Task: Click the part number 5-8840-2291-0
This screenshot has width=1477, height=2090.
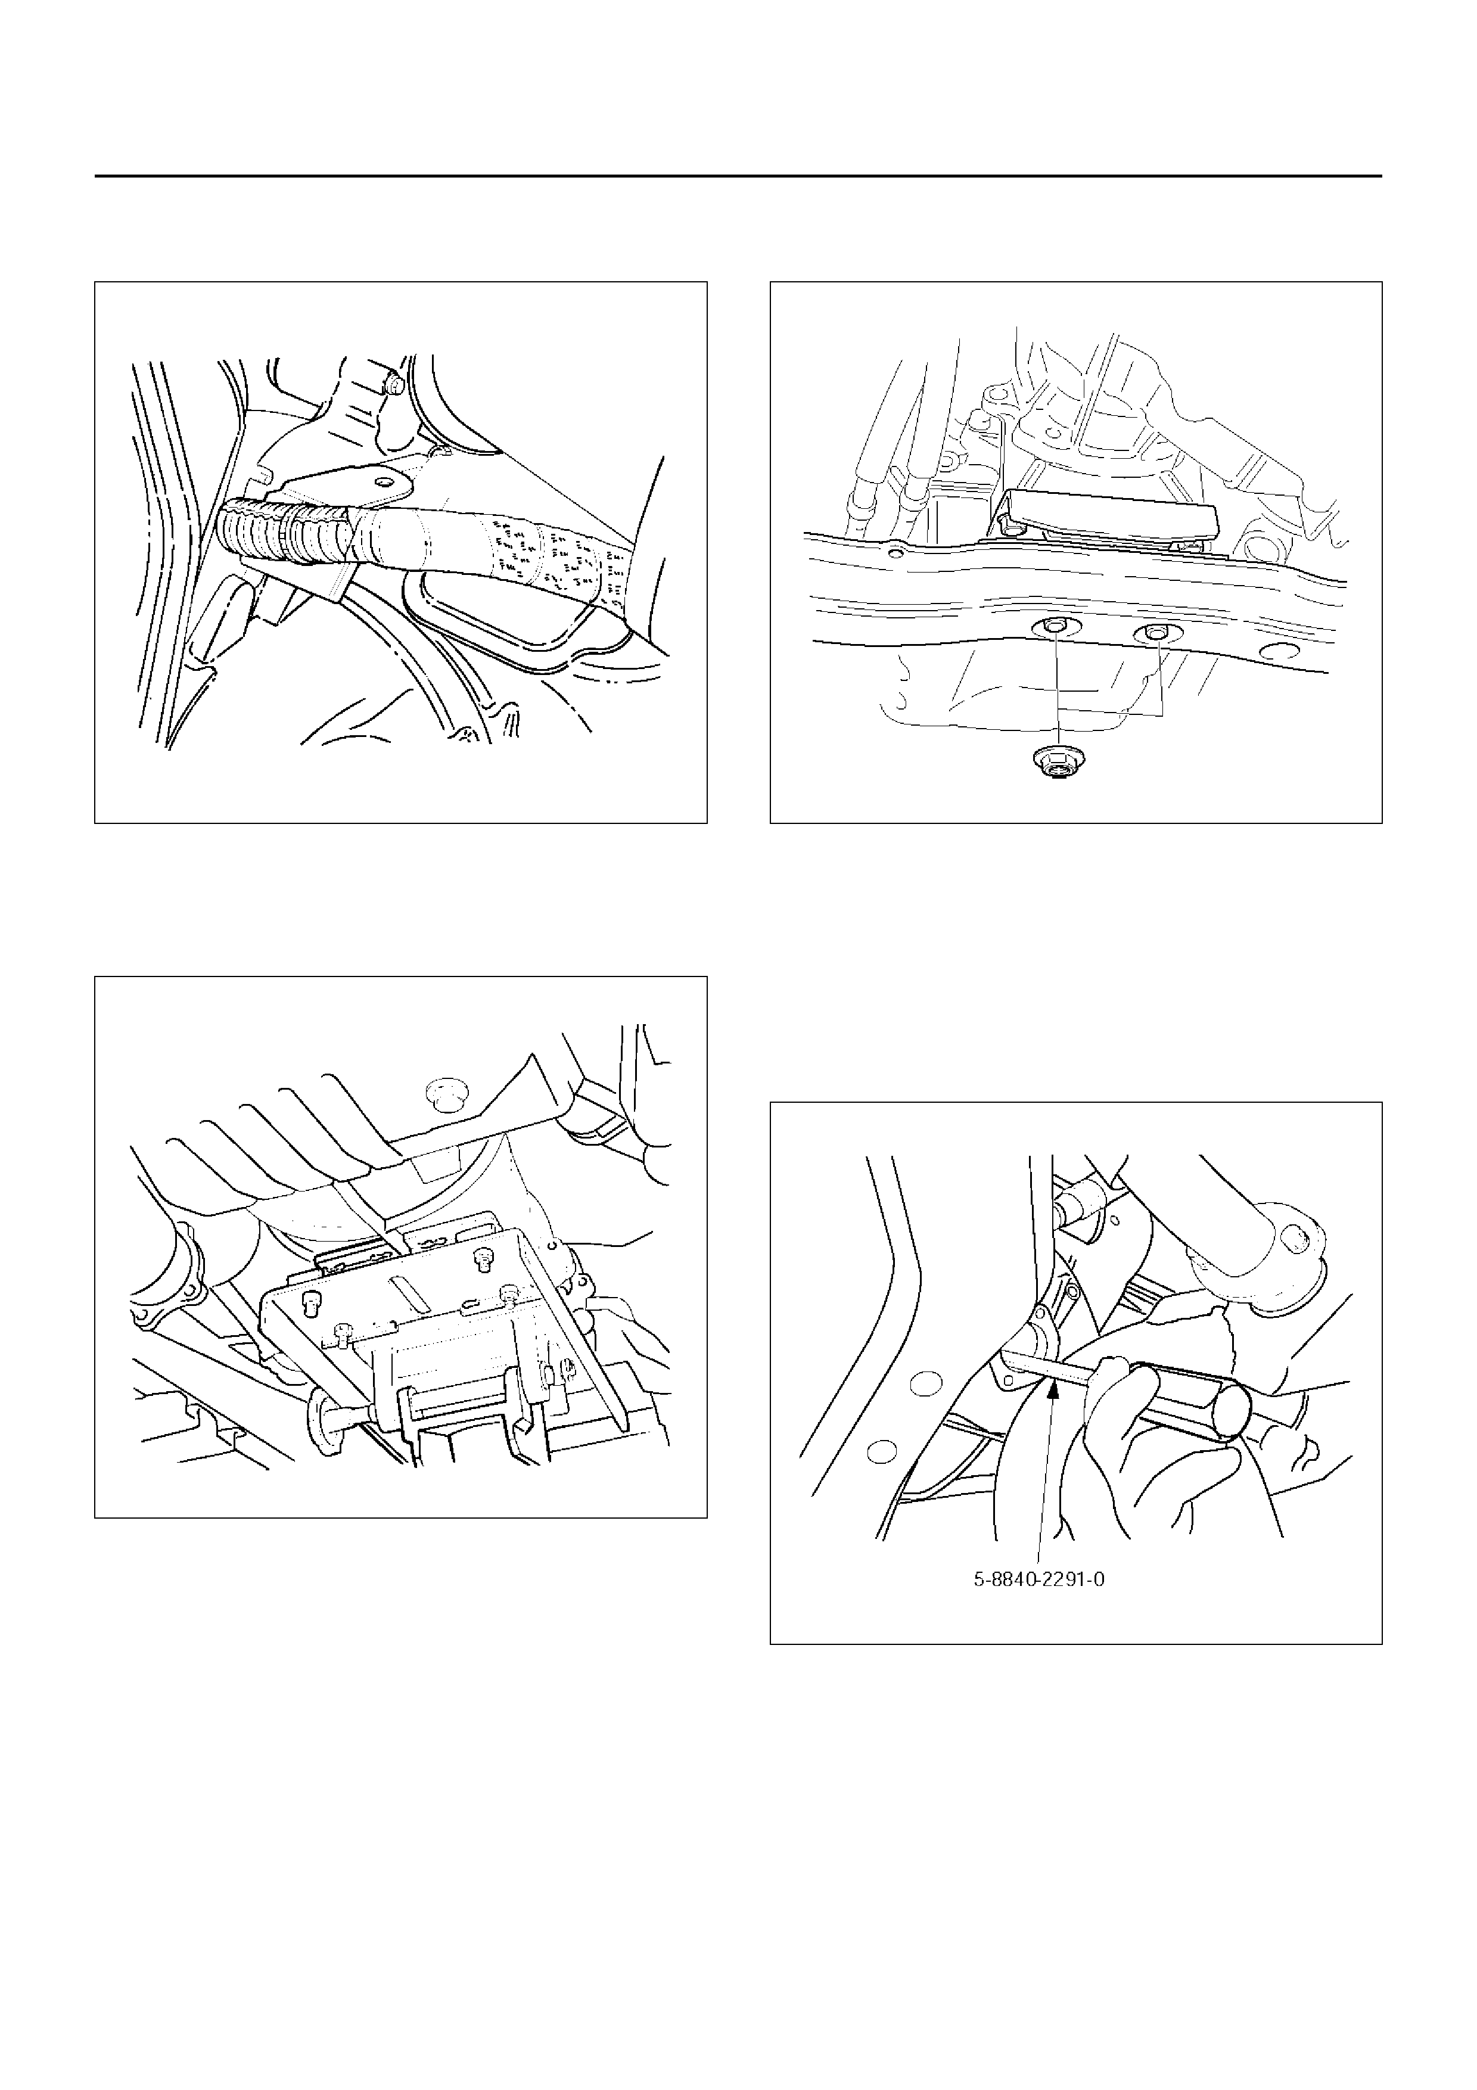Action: [1039, 1580]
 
